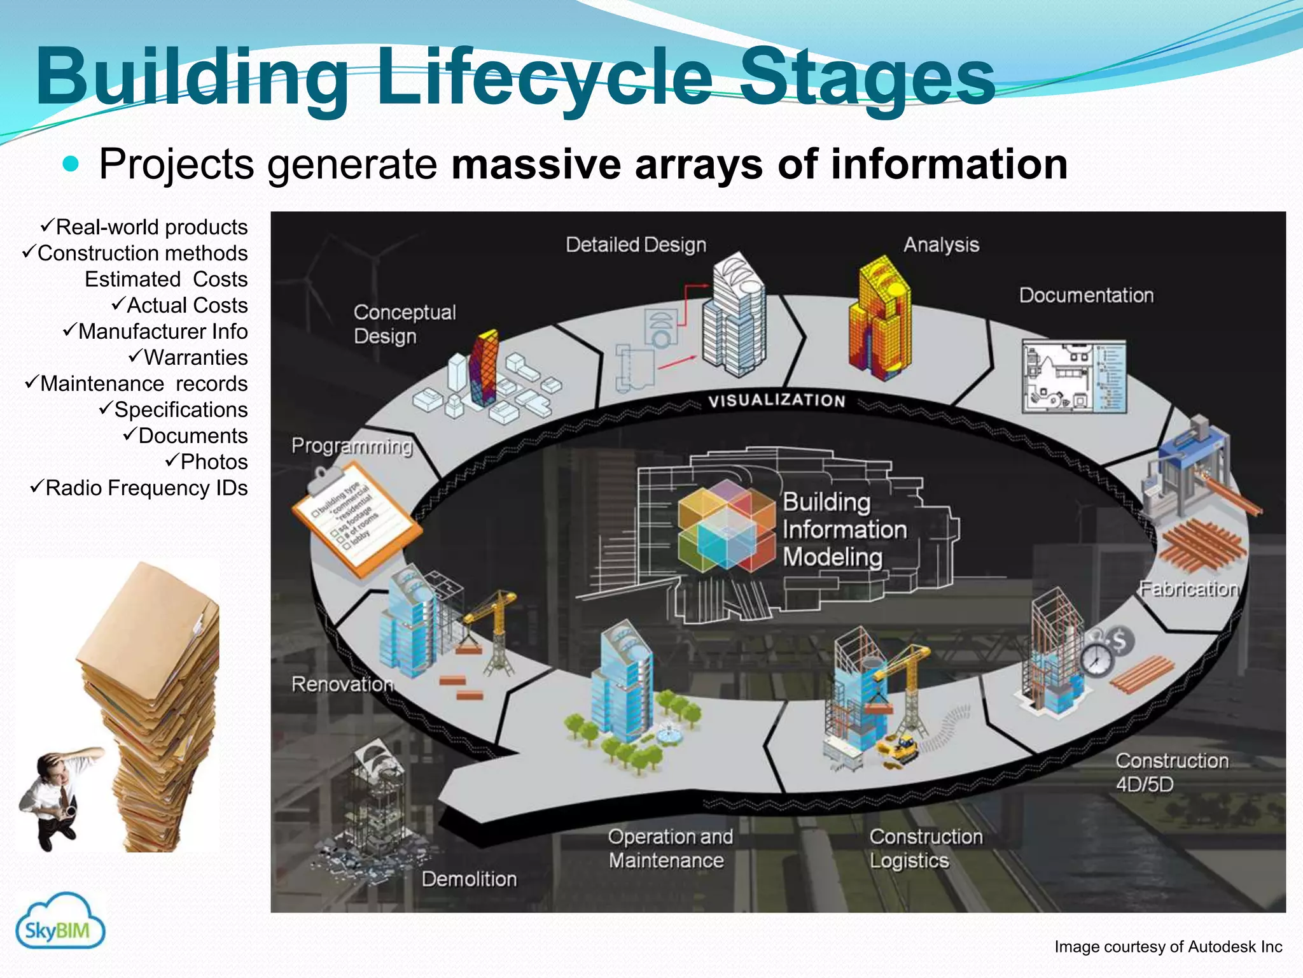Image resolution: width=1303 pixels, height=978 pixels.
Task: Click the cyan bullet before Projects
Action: [71, 165]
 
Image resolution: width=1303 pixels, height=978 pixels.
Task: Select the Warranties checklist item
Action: [189, 358]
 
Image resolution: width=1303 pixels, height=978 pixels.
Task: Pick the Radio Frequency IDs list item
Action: [140, 488]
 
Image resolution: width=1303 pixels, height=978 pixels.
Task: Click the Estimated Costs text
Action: [166, 280]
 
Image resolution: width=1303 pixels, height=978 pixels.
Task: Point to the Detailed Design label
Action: [636, 245]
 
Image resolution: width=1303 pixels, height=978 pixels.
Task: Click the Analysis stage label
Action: [941, 245]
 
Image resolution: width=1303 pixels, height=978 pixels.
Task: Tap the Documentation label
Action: [1086, 295]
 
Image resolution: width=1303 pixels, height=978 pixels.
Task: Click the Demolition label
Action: [469, 879]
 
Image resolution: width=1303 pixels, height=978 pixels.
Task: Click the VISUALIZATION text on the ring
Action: [777, 400]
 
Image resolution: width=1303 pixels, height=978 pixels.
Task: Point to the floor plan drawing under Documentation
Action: [1073, 377]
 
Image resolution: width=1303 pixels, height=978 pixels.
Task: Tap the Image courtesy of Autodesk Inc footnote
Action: [1168, 947]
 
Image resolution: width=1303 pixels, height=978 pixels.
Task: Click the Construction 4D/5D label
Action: [1171, 772]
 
